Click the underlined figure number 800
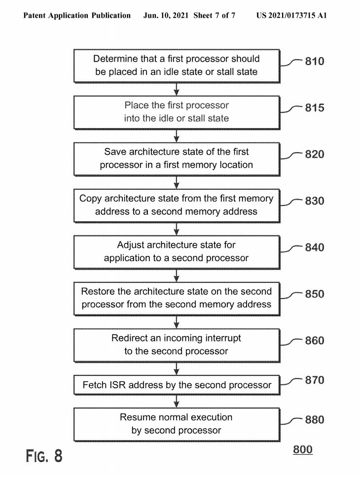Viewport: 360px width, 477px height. point(302,450)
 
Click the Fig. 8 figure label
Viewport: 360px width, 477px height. point(44,456)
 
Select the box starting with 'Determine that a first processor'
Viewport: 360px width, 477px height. point(177,66)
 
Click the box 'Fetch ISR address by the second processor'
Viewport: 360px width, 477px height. point(177,385)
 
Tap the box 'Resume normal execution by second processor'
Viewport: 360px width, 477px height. point(177,424)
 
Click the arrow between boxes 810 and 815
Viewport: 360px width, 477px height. point(177,89)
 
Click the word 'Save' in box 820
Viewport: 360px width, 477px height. point(115,152)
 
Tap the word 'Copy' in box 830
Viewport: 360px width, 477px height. point(90,199)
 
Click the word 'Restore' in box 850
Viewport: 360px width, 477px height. point(98,291)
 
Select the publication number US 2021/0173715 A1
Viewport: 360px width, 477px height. point(291,16)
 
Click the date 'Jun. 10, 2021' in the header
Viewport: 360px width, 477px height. point(167,16)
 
